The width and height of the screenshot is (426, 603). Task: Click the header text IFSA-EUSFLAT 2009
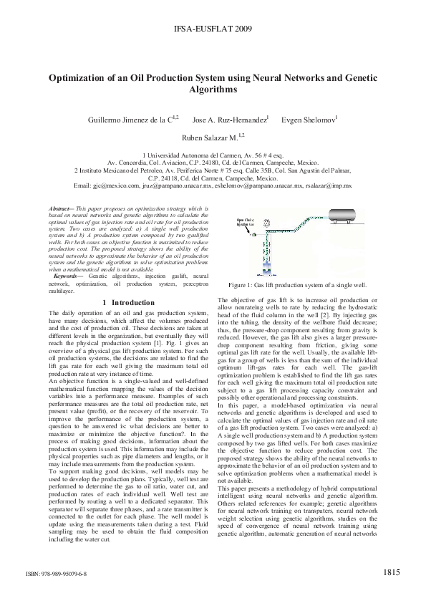pos(213,29)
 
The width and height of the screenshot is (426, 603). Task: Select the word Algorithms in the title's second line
pos(213,90)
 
